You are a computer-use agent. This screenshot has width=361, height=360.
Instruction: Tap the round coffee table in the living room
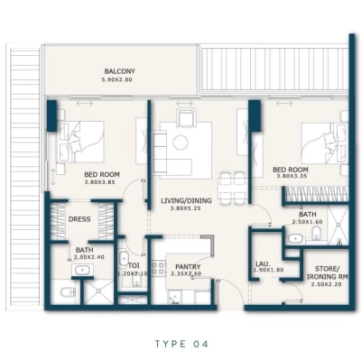[180, 142]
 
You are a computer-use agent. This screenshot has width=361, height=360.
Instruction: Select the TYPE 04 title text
[181, 344]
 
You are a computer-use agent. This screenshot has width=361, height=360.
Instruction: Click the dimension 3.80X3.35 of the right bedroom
[291, 176]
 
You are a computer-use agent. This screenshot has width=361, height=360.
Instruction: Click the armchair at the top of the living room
[185, 117]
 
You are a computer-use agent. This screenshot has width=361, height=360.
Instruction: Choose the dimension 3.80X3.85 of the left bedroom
[102, 183]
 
